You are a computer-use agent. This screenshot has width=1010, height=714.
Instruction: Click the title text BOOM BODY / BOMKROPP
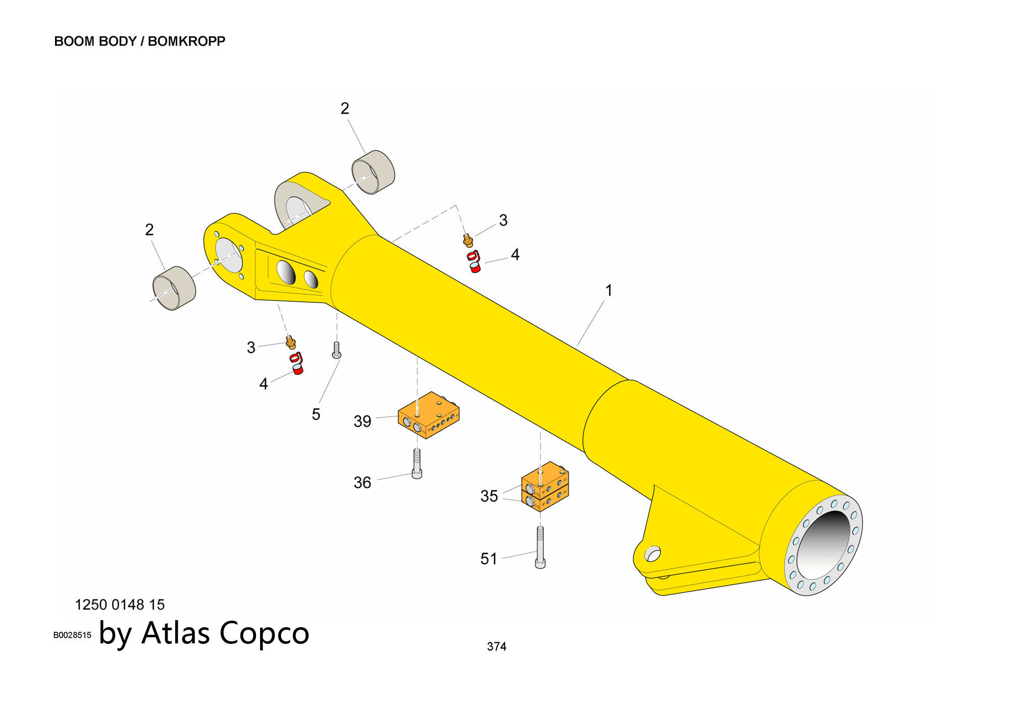[x=139, y=41]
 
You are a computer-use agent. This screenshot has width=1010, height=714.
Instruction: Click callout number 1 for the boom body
[x=609, y=291]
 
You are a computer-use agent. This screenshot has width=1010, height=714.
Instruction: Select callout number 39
[x=362, y=421]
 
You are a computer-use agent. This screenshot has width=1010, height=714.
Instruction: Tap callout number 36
[x=362, y=482]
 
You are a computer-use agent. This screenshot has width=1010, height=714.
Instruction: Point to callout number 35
[x=489, y=496]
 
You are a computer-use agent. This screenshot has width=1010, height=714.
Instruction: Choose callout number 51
[x=488, y=559]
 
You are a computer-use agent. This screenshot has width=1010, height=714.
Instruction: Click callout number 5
[x=316, y=414]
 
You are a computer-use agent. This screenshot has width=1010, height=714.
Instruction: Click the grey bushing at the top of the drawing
[x=373, y=172]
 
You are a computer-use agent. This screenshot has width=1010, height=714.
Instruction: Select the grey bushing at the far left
[x=174, y=288]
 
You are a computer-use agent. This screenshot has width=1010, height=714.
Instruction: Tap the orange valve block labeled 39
[x=428, y=415]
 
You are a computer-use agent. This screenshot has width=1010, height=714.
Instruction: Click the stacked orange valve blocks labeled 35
[x=545, y=487]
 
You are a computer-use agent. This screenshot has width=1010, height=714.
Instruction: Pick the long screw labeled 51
[x=540, y=547]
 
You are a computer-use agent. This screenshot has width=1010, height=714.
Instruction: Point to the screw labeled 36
[x=417, y=464]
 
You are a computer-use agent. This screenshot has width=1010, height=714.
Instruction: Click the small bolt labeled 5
[x=336, y=350]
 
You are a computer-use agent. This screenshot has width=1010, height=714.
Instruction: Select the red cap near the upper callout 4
[x=474, y=262]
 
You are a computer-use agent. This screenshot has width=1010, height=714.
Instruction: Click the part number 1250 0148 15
[x=120, y=605]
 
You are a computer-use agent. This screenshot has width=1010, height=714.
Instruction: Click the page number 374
[x=496, y=646]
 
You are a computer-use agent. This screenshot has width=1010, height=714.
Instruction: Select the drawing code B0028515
[x=72, y=635]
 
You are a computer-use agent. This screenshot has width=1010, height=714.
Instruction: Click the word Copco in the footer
[x=264, y=633]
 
